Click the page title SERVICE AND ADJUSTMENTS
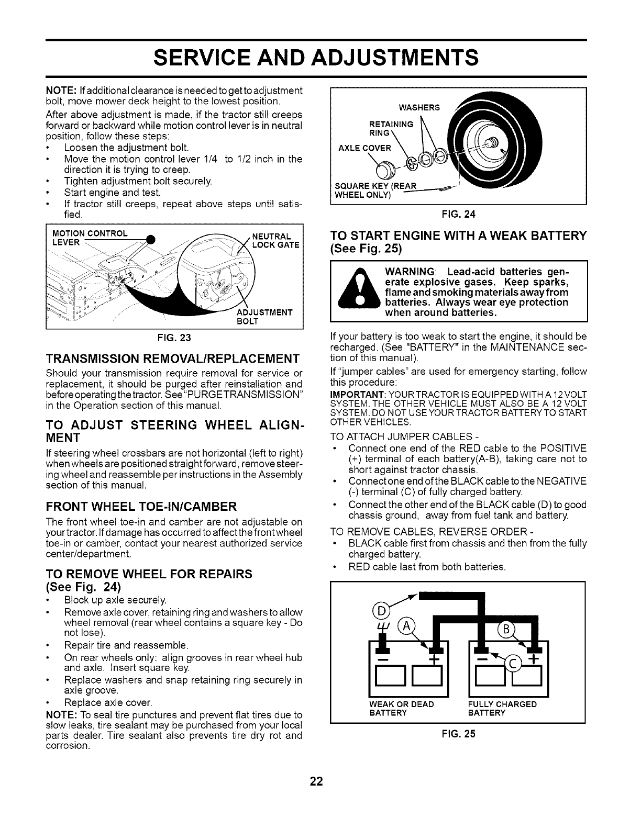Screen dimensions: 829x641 point(316,57)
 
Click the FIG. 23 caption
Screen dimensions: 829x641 point(175,338)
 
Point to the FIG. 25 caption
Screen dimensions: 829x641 point(458,734)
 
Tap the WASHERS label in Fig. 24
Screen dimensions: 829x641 point(418,108)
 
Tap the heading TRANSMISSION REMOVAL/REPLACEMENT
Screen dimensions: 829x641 point(173,359)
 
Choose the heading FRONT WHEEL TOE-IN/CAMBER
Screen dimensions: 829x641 point(142,506)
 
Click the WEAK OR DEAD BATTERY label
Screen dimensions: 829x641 point(402,708)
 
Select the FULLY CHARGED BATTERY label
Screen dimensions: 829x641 point(502,708)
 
